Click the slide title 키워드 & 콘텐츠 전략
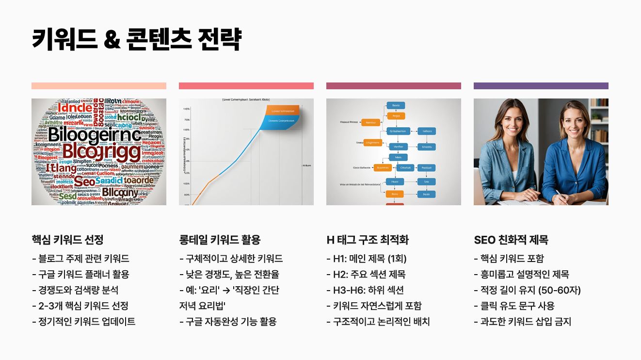click(x=136, y=39)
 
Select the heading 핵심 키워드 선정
click(x=67, y=240)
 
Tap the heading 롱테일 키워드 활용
click(x=220, y=240)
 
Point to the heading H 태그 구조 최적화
click(x=368, y=240)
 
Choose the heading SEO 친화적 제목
click(x=511, y=240)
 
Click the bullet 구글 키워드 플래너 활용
click(x=80, y=274)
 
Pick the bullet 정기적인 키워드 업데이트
click(x=83, y=321)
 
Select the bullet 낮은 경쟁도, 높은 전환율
click(x=229, y=274)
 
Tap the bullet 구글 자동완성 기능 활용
click(x=228, y=321)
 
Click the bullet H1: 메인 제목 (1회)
click(x=367, y=259)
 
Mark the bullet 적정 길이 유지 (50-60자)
click(x=527, y=290)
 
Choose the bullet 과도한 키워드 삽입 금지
click(x=523, y=321)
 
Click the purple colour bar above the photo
click(x=541, y=86)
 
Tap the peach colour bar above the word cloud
click(x=99, y=86)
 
